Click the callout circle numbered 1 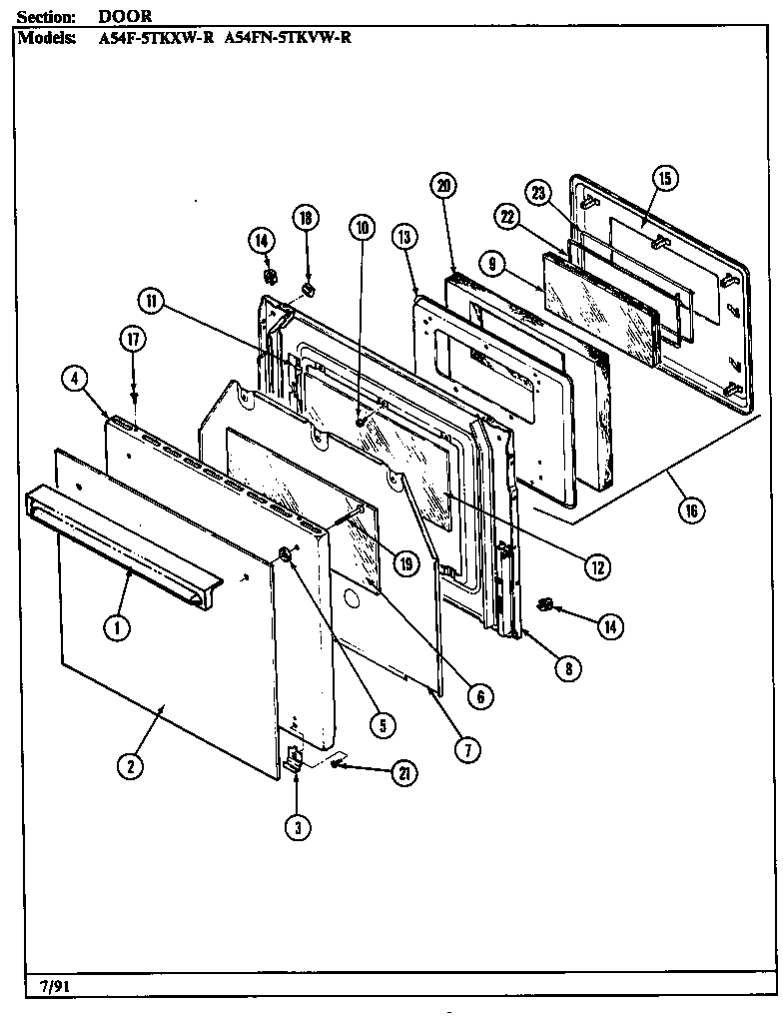click(118, 628)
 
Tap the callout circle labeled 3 click(298, 825)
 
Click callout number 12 click(596, 566)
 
